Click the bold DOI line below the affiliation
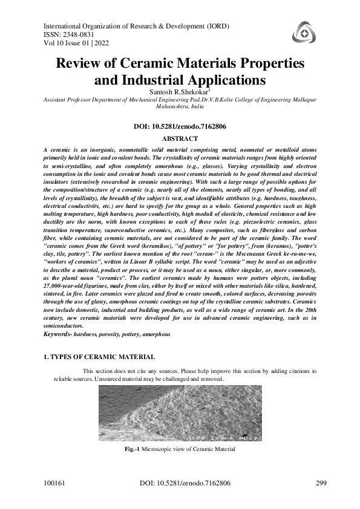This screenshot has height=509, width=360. pos(180,127)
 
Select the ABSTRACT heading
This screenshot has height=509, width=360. pos(180,138)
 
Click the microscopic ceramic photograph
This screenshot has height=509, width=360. pos(179,414)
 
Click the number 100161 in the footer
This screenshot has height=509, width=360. pos(55,484)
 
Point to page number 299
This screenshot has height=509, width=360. pos(322,484)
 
